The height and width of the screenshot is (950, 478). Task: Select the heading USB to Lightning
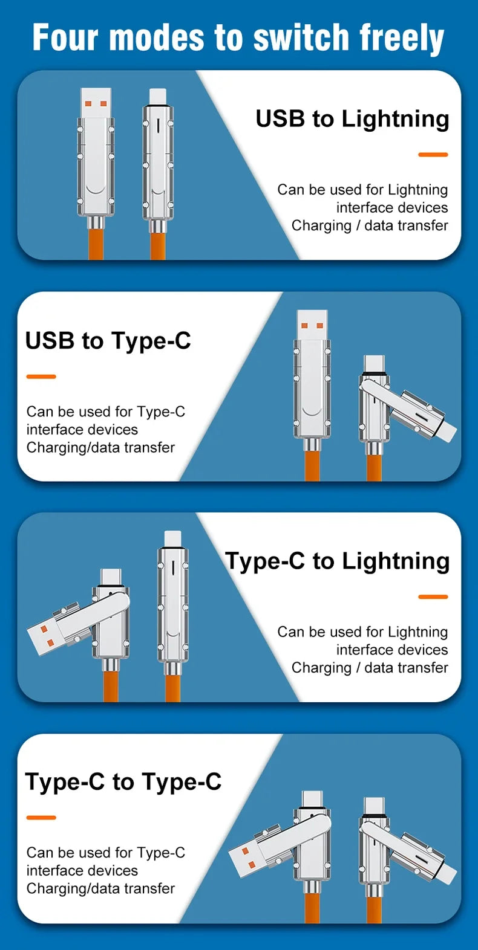click(352, 118)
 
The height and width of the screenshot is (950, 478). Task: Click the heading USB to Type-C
click(108, 341)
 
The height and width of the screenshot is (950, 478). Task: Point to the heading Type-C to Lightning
click(337, 561)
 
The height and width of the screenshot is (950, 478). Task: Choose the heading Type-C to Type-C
click(123, 782)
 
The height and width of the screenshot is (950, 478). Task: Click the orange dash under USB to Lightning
click(433, 155)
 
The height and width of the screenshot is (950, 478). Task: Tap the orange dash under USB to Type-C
click(41, 376)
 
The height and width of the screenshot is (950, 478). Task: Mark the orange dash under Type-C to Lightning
click(433, 597)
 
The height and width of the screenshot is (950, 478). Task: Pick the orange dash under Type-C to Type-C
click(41, 818)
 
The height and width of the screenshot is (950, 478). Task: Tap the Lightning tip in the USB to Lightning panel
click(158, 96)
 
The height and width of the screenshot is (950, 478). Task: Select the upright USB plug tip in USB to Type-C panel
click(313, 323)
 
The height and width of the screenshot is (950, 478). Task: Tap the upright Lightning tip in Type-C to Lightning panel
click(173, 537)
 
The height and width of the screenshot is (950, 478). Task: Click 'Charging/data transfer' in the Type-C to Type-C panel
click(100, 888)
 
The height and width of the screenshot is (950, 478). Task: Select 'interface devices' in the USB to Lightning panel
click(392, 208)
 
